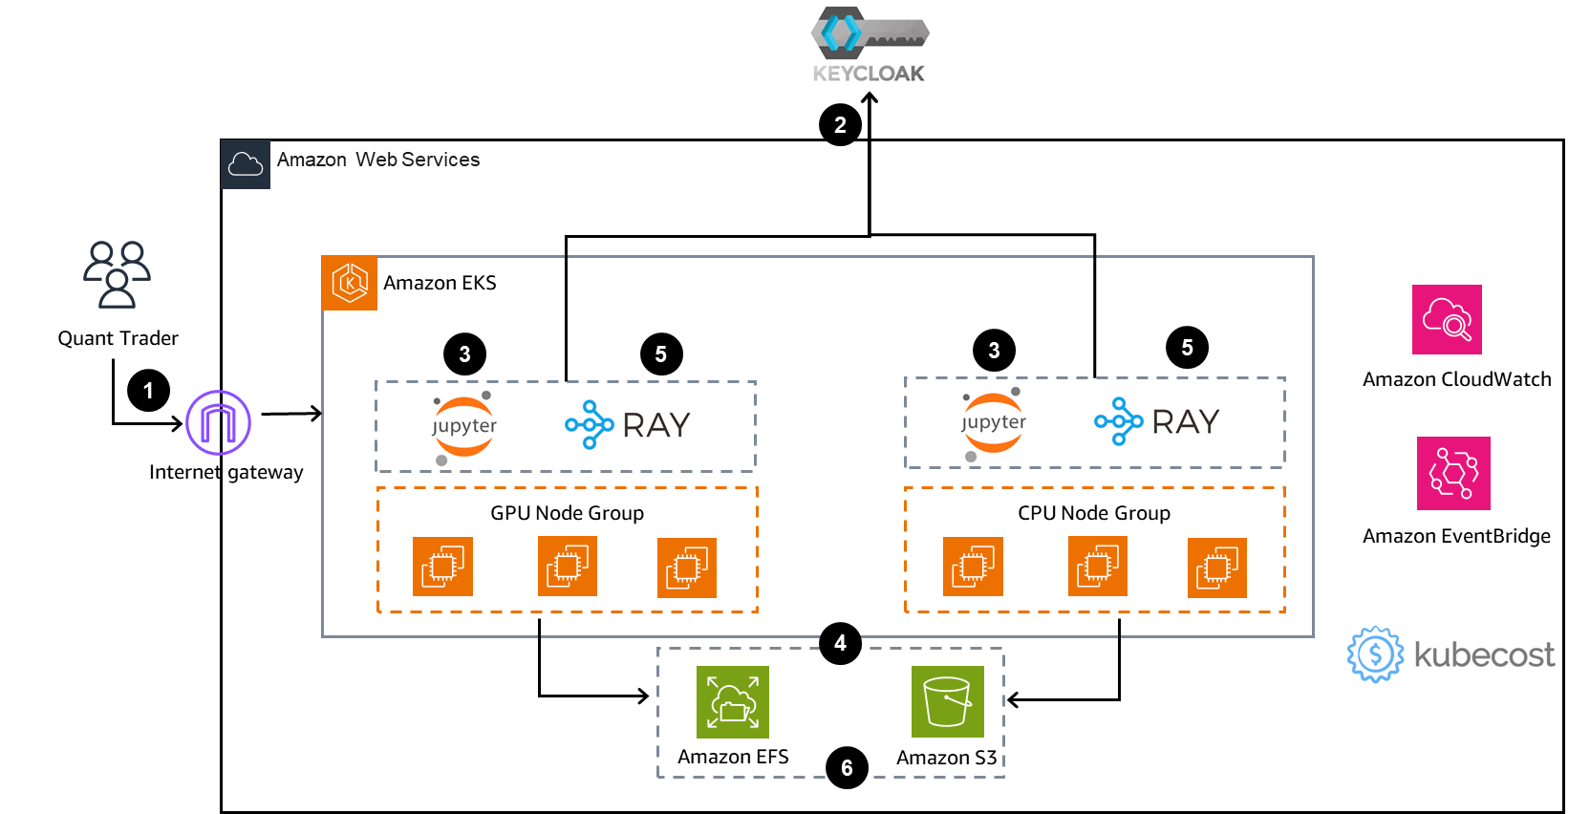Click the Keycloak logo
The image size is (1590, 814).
point(869,45)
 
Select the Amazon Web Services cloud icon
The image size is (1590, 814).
point(246,164)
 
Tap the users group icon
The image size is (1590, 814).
point(117,274)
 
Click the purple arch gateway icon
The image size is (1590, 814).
point(218,422)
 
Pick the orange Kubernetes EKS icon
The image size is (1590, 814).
point(350,283)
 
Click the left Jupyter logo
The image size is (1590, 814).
point(464,427)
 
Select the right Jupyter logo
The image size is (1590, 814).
point(994,423)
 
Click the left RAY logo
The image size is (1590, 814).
point(626,423)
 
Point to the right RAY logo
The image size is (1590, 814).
point(1155,419)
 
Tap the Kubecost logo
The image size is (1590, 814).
point(1451,653)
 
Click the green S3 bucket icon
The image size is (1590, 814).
point(947,702)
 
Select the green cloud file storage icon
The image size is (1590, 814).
point(733,702)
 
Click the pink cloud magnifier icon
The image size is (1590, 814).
point(1447,319)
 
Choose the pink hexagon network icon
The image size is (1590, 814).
point(1453,473)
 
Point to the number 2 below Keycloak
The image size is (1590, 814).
point(840,125)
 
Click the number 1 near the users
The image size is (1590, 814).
point(148,391)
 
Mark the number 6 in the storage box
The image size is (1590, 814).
point(847,768)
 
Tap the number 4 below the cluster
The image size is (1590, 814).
point(840,643)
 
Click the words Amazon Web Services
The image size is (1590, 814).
point(378,160)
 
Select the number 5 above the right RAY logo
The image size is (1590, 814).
point(1187,348)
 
